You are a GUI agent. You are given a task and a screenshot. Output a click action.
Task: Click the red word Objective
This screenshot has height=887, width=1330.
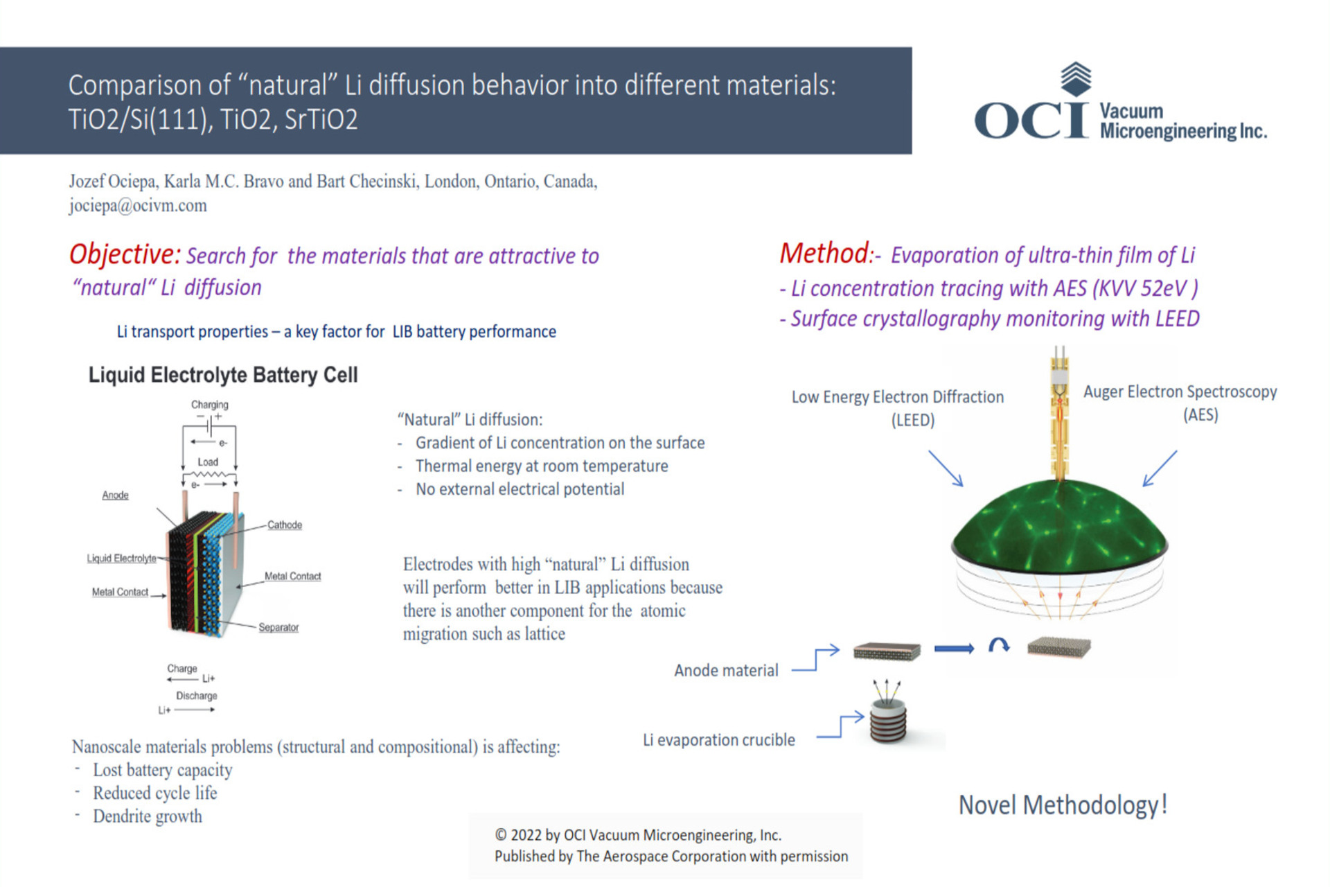click(124, 255)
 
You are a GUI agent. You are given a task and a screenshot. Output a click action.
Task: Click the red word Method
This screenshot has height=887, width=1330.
click(824, 254)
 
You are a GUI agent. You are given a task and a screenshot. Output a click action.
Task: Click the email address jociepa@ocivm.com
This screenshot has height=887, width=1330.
click(137, 206)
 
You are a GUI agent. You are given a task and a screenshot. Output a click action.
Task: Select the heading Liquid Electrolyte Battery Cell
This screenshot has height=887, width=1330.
click(222, 375)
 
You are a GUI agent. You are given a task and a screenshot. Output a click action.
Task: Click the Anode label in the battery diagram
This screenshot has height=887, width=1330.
click(115, 495)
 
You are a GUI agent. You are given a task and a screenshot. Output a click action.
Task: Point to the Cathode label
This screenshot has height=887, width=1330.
click(285, 525)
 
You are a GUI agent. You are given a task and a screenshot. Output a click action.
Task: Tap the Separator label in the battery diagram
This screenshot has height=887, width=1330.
click(278, 627)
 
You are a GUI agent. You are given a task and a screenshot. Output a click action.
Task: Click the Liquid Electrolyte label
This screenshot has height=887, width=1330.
click(121, 558)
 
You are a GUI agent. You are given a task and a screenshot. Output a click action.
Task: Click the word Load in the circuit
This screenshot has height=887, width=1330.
click(207, 462)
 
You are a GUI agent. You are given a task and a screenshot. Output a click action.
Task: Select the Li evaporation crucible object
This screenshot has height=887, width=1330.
click(888, 721)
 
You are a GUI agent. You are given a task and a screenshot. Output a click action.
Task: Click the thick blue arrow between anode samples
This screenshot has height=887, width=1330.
click(954, 649)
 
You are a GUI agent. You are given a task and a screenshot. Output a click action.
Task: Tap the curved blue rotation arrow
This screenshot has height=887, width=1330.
click(998, 645)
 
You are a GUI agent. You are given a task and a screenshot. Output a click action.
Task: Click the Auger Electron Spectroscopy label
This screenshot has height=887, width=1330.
click(1180, 392)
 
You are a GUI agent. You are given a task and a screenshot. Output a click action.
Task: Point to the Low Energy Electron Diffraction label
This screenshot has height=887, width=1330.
click(897, 397)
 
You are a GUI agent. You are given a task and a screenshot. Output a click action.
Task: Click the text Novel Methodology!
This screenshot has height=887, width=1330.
click(1063, 805)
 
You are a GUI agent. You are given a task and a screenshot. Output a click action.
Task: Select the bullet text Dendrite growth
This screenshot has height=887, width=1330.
click(148, 816)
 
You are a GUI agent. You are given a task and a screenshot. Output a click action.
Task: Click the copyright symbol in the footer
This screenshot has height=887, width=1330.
click(500, 836)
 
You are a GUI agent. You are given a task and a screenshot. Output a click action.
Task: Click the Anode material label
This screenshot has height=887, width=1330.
click(726, 670)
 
